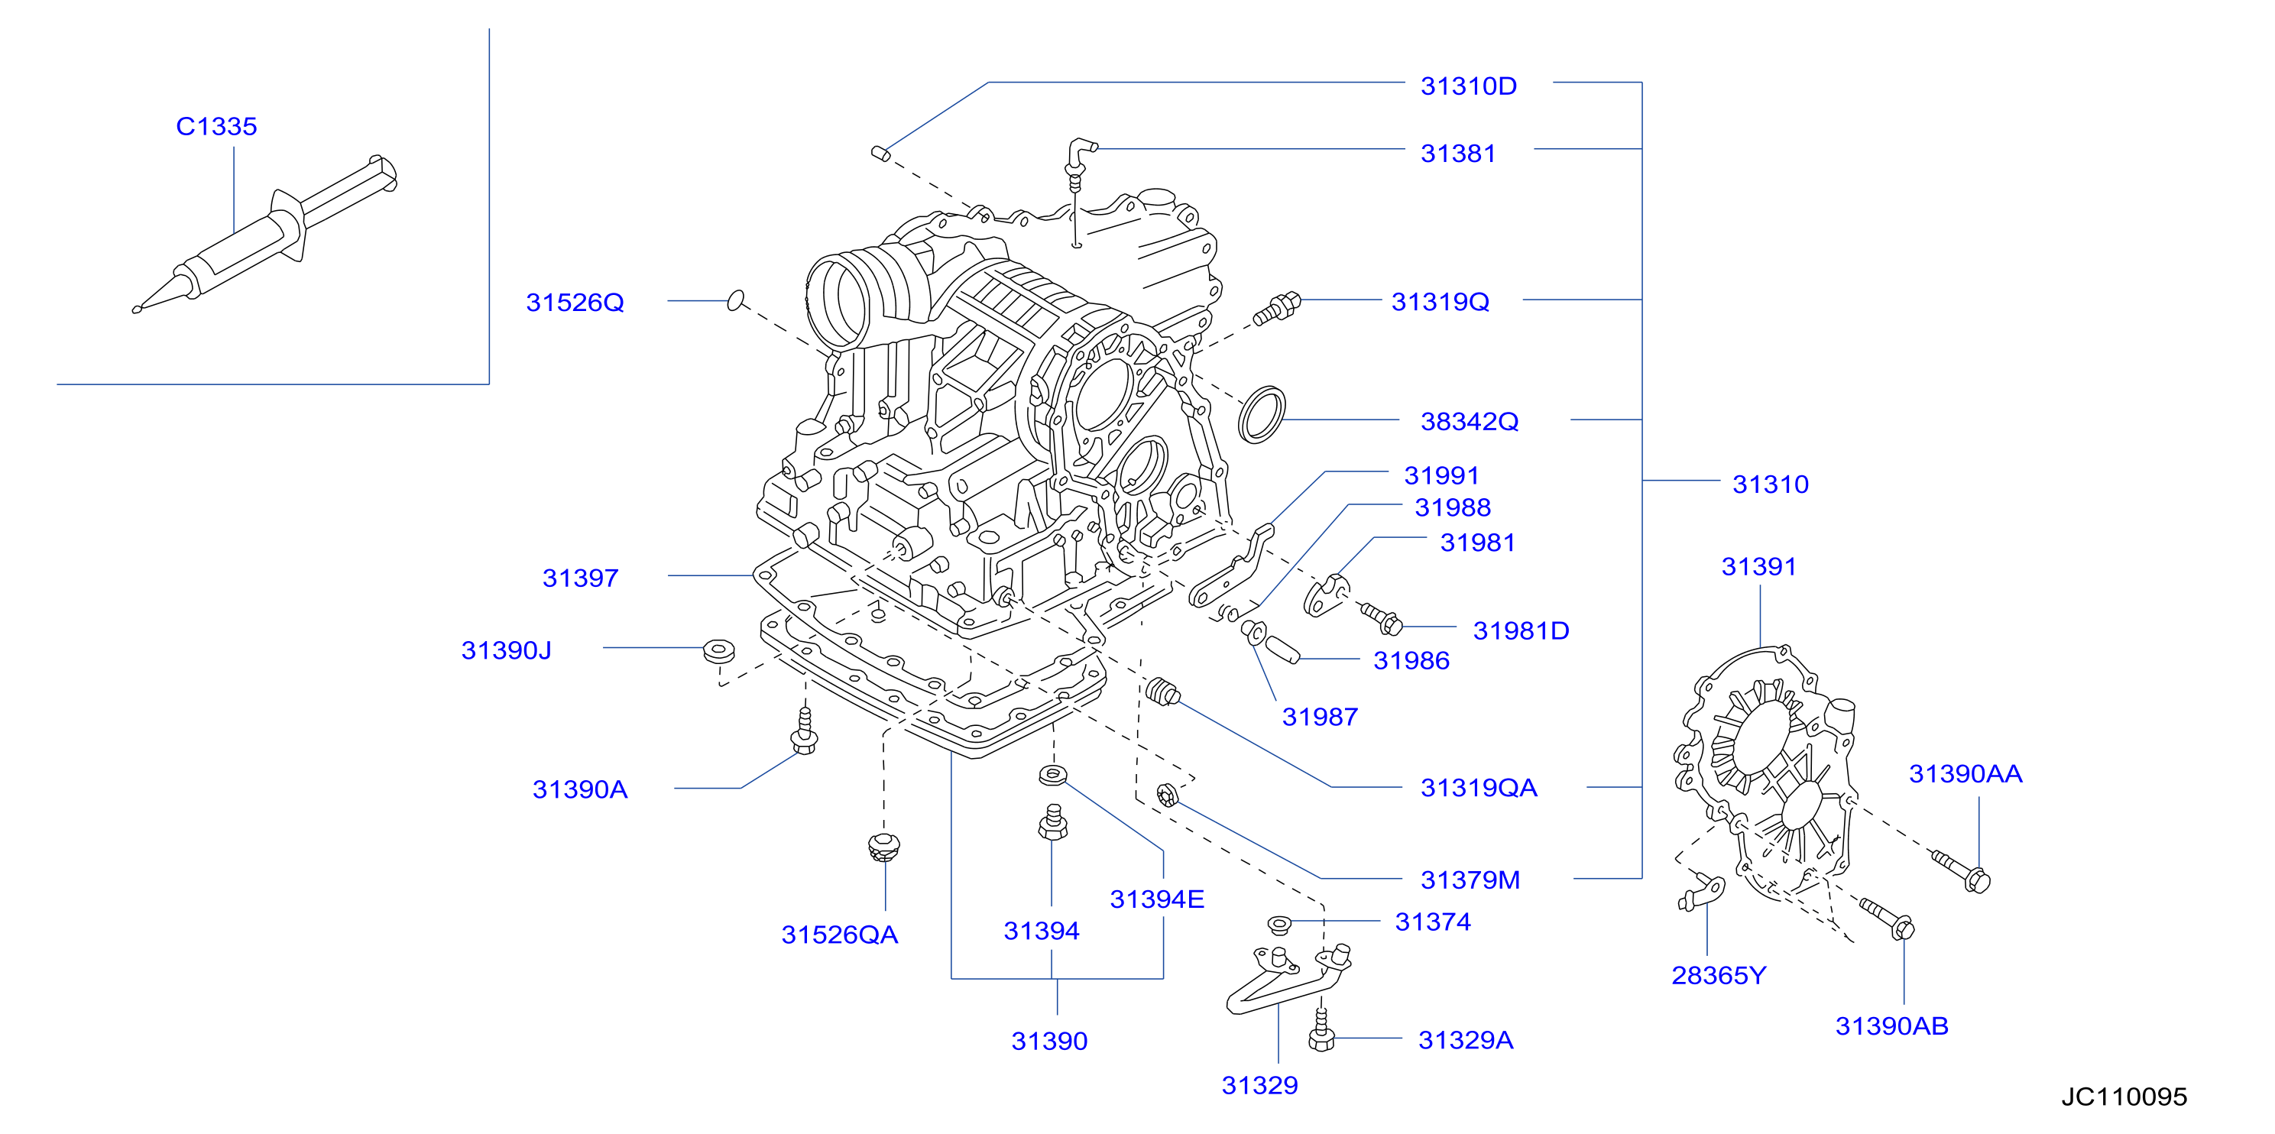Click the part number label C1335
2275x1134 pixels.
[216, 126]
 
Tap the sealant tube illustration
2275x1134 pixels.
[265, 234]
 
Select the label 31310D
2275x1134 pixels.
[1468, 86]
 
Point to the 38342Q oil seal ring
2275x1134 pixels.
[1262, 414]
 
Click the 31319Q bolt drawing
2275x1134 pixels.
[1277, 308]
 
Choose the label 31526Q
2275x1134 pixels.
[575, 303]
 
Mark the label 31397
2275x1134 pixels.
[580, 578]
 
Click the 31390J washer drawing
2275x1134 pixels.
[719, 652]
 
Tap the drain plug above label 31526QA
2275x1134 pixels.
[883, 847]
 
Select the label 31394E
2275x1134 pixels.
[1157, 899]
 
